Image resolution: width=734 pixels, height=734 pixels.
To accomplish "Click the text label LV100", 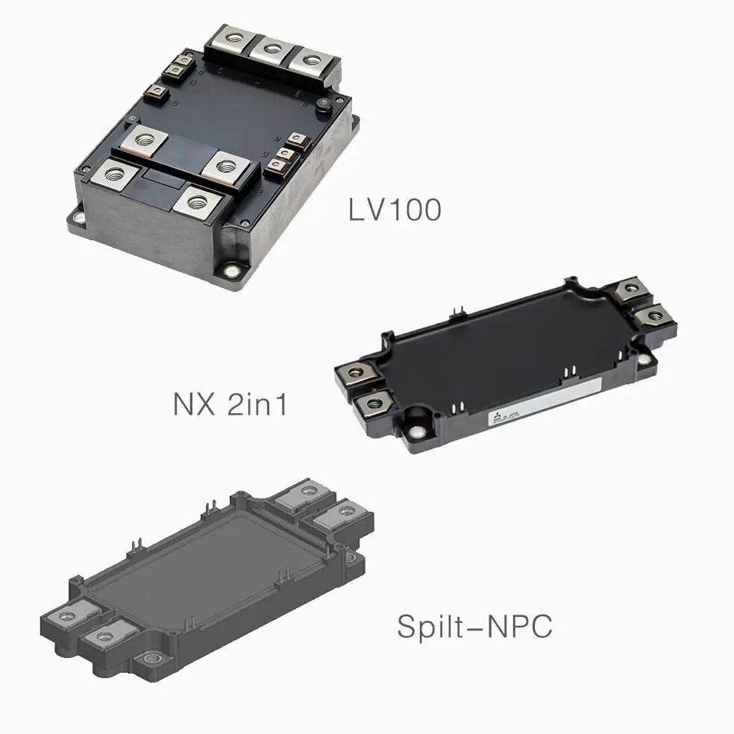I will pos(395,210).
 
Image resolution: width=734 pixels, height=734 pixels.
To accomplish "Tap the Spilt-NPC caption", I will pos(474,627).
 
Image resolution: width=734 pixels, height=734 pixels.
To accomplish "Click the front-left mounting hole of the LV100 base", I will pos(78,218).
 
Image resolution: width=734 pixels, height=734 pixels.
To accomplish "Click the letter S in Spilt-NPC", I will pos(405,627).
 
